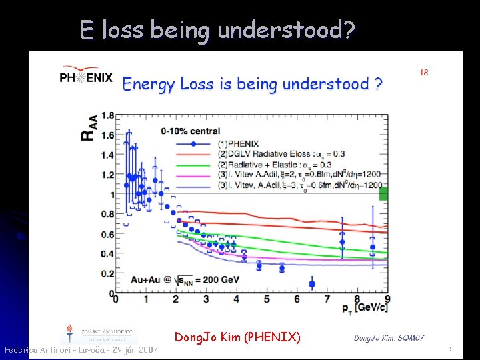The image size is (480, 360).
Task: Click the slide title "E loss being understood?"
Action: [217, 30]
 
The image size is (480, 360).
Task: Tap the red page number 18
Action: [423, 72]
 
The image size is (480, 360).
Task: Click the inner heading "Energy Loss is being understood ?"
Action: [252, 84]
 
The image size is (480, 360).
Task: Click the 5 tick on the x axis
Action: [267, 301]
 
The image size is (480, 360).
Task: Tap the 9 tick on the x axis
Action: [387, 301]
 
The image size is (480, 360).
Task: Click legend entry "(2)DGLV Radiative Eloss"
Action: [280, 154]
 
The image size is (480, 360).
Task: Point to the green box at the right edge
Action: [383, 194]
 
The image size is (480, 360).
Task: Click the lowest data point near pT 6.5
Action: [312, 284]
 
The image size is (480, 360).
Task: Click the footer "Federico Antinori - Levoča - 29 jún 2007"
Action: [81, 350]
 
